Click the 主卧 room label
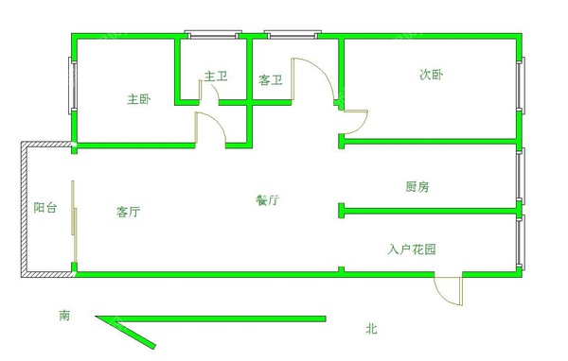(x=139, y=98)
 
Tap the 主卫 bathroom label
(x=216, y=77)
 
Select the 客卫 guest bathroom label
(x=271, y=80)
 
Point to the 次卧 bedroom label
(x=431, y=75)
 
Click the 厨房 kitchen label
(x=417, y=187)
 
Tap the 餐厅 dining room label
(x=267, y=200)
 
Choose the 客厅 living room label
(x=129, y=212)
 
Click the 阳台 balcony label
(x=44, y=208)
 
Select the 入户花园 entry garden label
(x=412, y=249)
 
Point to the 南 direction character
(x=63, y=315)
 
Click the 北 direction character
(x=372, y=329)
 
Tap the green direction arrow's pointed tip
(x=97, y=319)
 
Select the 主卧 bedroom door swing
(x=209, y=129)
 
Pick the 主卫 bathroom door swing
(x=210, y=93)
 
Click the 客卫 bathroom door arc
(x=314, y=79)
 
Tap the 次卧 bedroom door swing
(x=354, y=122)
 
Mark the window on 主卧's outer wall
(x=71, y=87)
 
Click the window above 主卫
(x=211, y=36)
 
